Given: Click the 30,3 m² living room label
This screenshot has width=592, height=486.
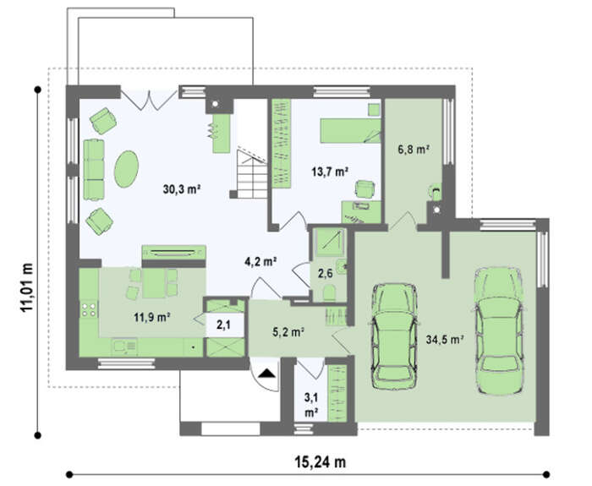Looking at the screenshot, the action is pyautogui.click(x=182, y=188).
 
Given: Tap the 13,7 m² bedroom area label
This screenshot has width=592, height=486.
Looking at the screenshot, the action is pyautogui.click(x=330, y=172).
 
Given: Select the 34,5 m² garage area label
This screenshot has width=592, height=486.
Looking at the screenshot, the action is pyautogui.click(x=445, y=340).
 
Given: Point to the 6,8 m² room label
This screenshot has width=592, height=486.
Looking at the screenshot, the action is pyautogui.click(x=414, y=150).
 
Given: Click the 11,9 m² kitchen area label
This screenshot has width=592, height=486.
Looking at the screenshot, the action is pyautogui.click(x=151, y=317).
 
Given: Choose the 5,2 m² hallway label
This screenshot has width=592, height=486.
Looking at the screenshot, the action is pyautogui.click(x=288, y=331).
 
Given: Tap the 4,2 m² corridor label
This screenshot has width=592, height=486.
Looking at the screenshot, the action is pyautogui.click(x=261, y=261).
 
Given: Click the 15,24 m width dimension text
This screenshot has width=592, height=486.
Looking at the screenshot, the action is pyautogui.click(x=321, y=461).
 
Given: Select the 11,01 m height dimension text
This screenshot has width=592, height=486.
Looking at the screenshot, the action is pyautogui.click(x=27, y=287).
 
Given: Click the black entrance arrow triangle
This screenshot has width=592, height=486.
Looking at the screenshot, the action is pyautogui.click(x=267, y=374).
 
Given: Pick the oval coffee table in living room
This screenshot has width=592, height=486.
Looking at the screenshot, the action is pyautogui.click(x=127, y=169).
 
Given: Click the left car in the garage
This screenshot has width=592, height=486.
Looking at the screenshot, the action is pyautogui.click(x=394, y=336).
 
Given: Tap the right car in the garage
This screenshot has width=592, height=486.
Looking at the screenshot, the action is pyautogui.click(x=498, y=330).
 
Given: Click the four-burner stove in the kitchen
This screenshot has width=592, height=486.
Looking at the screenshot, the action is pyautogui.click(x=89, y=310).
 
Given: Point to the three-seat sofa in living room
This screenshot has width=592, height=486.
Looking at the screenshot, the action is pyautogui.click(x=94, y=170).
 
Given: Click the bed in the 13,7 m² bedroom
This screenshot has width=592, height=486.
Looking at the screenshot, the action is pyautogui.click(x=351, y=130).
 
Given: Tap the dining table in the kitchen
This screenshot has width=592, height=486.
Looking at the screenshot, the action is pyautogui.click(x=154, y=283).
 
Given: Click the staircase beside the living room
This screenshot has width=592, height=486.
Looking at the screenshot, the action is pyautogui.click(x=252, y=173).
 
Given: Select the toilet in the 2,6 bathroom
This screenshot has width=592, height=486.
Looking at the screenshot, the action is pyautogui.click(x=329, y=292).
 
